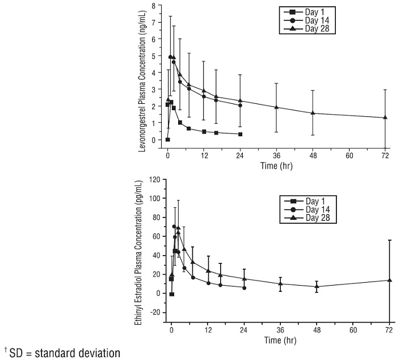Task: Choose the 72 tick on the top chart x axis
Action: (385, 154)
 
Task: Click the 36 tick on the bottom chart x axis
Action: (280, 329)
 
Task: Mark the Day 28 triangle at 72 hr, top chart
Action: (385, 118)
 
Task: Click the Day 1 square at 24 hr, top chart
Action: (241, 134)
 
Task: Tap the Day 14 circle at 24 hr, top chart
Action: (241, 105)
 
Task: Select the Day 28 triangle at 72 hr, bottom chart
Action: (389, 280)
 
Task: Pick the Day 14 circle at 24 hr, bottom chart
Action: (244, 288)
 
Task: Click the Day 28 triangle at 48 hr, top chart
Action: (313, 113)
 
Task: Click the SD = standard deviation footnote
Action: (62, 353)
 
